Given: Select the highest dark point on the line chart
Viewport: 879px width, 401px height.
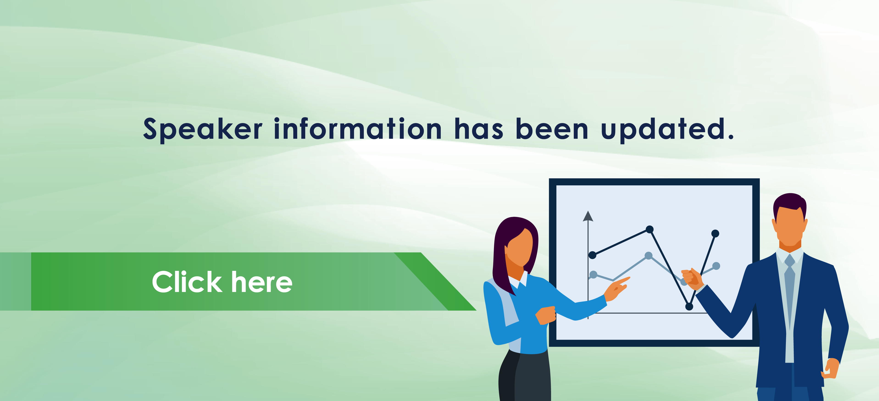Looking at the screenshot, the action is click(650, 229).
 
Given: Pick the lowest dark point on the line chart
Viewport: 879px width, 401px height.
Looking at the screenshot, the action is click(689, 307).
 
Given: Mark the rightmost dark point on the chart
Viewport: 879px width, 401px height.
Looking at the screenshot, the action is click(715, 233).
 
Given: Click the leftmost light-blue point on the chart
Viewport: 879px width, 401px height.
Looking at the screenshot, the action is click(593, 275).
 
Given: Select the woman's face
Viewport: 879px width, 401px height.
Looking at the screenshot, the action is click(519, 247).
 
